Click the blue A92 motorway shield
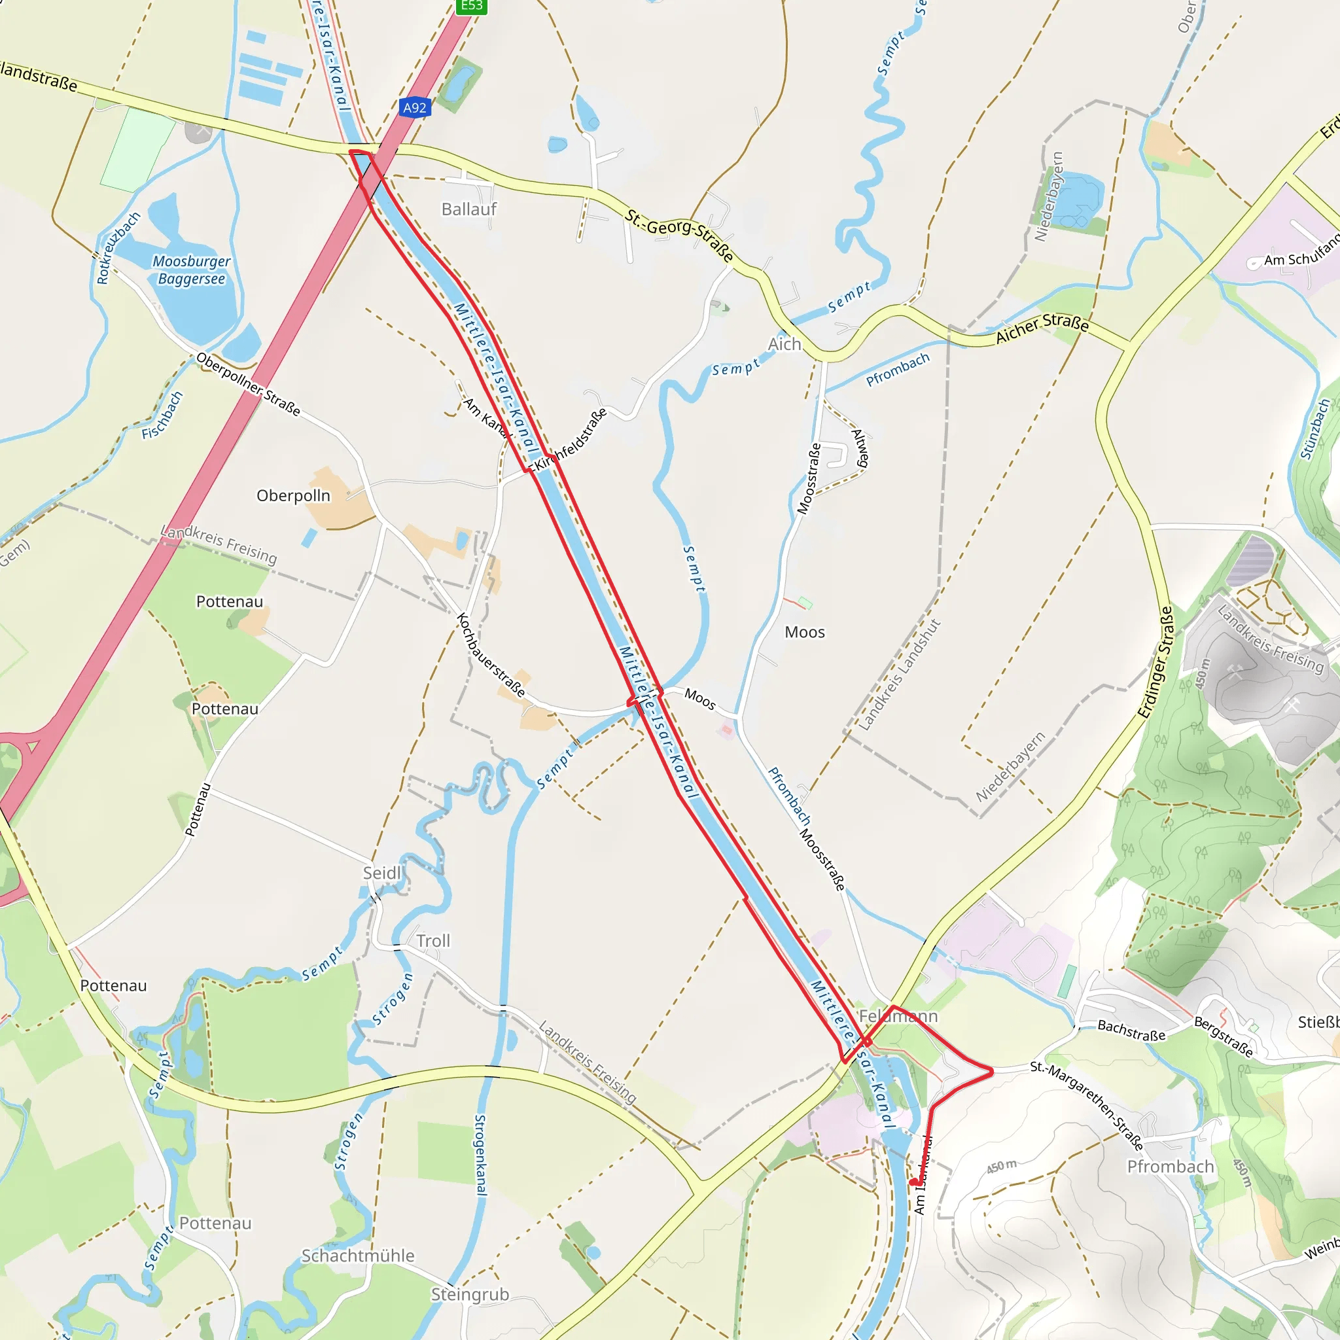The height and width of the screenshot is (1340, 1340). (x=415, y=107)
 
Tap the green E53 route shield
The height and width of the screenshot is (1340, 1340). (x=472, y=5)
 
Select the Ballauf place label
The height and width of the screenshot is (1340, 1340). (x=469, y=209)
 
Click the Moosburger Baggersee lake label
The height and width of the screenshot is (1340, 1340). (x=192, y=270)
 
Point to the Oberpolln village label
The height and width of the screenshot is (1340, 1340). (x=293, y=495)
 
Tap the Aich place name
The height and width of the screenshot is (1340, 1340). (x=784, y=344)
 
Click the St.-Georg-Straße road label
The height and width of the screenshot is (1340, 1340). (x=679, y=235)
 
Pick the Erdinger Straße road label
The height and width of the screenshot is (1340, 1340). (x=1155, y=661)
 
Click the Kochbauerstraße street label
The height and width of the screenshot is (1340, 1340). (x=490, y=654)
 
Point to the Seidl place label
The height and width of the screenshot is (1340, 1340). (x=382, y=873)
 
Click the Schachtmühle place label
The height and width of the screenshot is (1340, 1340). (x=357, y=1256)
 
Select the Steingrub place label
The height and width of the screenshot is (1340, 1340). (x=470, y=1294)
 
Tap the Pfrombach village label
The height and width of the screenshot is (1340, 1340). (x=1170, y=1166)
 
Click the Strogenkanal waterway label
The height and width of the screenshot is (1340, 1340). (x=480, y=1154)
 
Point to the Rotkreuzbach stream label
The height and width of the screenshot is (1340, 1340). (x=118, y=247)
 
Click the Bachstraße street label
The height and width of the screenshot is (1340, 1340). (x=1131, y=1030)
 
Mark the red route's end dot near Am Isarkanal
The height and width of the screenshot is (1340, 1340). (x=913, y=1181)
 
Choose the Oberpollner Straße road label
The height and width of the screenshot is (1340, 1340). (x=247, y=384)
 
